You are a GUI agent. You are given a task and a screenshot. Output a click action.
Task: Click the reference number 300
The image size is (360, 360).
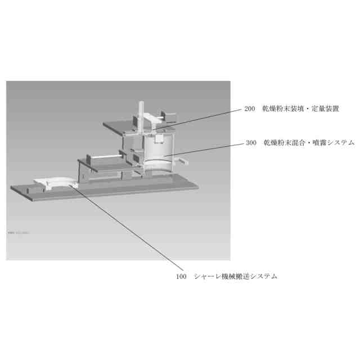251,143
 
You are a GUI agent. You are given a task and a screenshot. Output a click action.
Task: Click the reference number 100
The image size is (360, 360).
181,277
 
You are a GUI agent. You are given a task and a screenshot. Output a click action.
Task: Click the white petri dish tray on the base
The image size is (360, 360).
54,183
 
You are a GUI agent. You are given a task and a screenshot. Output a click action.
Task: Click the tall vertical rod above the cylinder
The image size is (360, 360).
141,115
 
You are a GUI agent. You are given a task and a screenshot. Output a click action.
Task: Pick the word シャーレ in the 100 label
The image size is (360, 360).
205,277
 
